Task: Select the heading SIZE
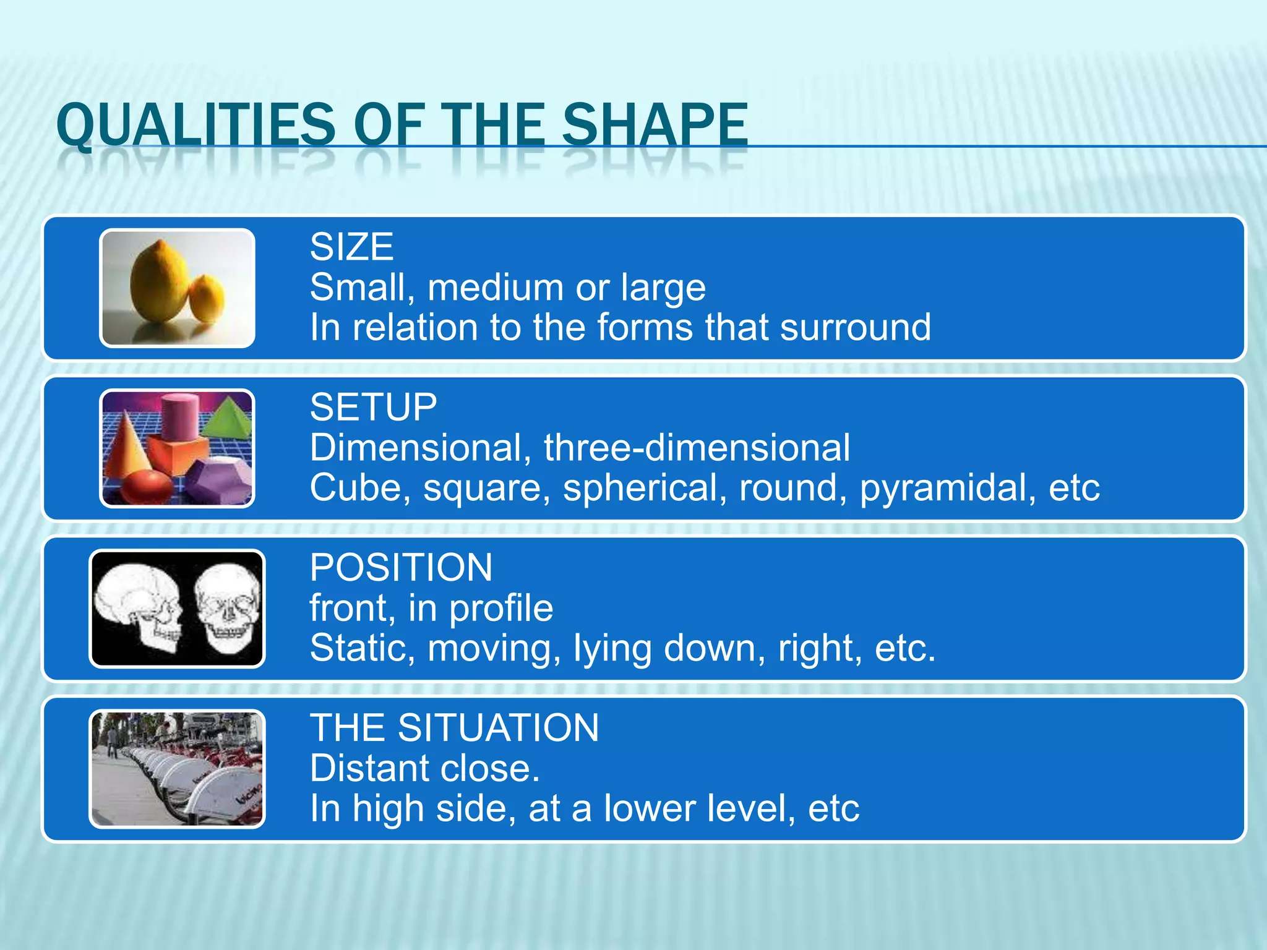pos(351,247)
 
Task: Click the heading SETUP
pos(373,408)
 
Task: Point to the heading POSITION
pos(401,568)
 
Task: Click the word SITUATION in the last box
pos(498,728)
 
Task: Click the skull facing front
pos(228,609)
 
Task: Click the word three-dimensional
pos(697,448)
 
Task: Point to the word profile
pos(500,609)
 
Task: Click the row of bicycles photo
pos(177,769)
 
